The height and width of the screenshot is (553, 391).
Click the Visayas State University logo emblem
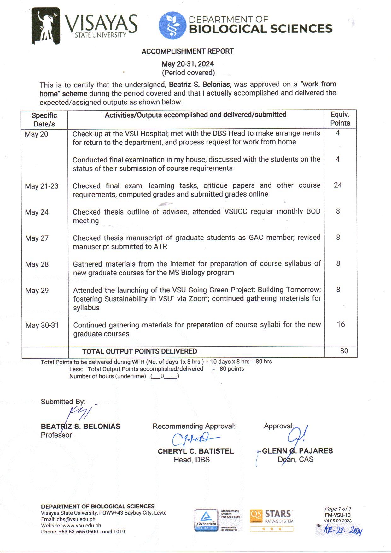(x=46, y=26)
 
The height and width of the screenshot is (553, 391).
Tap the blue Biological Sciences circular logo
(x=172, y=26)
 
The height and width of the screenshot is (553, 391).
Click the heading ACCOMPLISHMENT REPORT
(x=188, y=51)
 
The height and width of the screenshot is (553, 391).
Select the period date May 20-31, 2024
(x=188, y=64)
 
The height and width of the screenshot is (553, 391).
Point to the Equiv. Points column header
(x=340, y=119)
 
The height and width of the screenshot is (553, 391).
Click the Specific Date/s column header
(x=44, y=120)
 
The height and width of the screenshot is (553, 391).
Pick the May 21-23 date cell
(x=42, y=186)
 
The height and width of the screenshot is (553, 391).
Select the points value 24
(x=338, y=185)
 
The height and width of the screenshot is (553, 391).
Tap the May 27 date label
(x=37, y=238)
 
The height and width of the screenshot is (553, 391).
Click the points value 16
(x=341, y=324)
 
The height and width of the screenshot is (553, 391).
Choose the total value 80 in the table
(x=344, y=351)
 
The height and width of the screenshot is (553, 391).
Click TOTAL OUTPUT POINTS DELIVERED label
(x=139, y=351)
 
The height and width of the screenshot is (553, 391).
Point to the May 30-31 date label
(x=42, y=325)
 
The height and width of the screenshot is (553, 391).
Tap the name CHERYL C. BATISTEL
(x=195, y=451)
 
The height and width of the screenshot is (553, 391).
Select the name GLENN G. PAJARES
(x=297, y=451)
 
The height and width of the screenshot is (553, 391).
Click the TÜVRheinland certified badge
(x=206, y=520)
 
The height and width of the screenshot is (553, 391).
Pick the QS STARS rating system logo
(x=271, y=520)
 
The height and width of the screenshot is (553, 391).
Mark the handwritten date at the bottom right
(x=343, y=530)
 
